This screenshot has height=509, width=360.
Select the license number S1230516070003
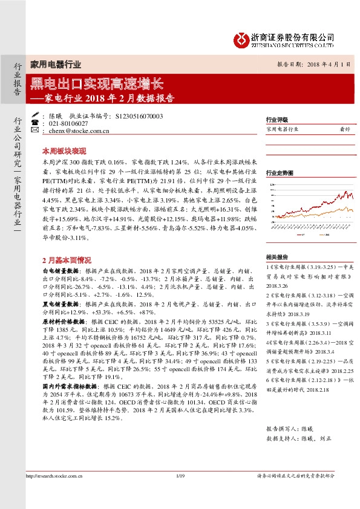coord(139,115)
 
